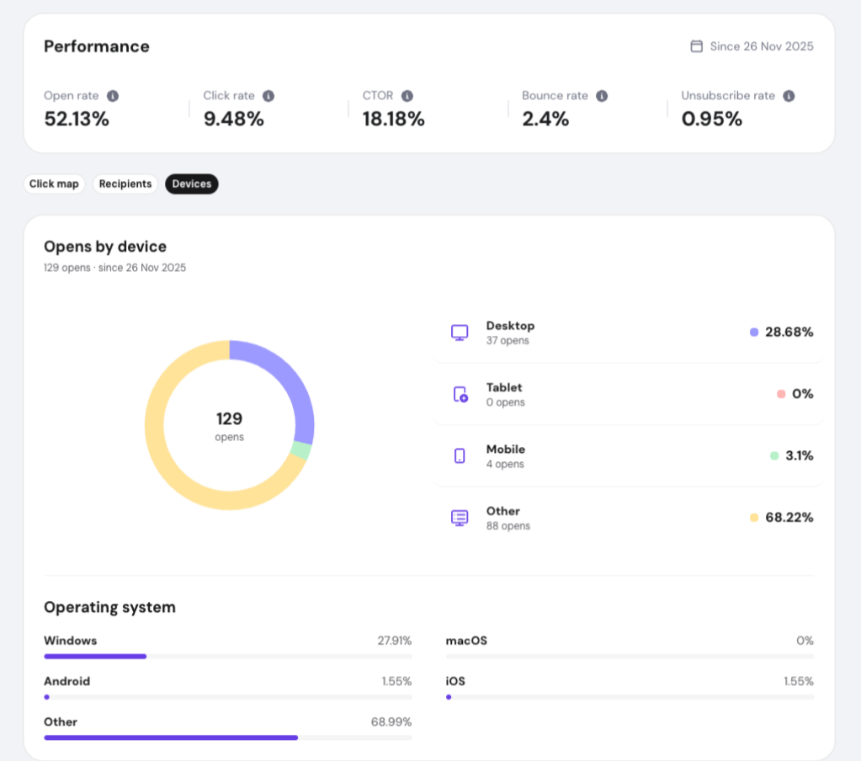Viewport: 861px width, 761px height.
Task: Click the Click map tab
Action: pos(54,184)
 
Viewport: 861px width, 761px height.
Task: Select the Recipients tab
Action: pos(125,184)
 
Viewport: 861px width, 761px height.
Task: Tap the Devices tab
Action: pos(192,184)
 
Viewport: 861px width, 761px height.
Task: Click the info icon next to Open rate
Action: pos(113,96)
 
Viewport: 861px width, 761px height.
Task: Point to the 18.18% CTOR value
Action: pos(393,119)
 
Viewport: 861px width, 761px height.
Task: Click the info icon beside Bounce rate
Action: pos(602,96)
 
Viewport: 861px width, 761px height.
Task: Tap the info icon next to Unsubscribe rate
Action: pos(789,96)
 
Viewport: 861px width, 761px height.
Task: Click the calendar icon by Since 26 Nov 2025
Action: pos(696,46)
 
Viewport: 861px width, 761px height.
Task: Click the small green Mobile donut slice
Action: pos(301,450)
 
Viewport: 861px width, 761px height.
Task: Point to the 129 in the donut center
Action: pos(229,419)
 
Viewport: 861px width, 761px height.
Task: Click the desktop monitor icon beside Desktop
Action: pos(460,333)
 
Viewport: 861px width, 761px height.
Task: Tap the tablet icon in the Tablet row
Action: pos(460,394)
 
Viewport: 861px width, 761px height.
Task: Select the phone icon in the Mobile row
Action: pos(460,456)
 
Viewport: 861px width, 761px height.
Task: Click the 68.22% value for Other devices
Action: pos(789,517)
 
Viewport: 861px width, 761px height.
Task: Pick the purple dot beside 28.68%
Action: pos(754,333)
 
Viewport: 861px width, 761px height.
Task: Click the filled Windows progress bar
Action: pos(95,657)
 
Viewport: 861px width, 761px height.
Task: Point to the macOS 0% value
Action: pos(805,641)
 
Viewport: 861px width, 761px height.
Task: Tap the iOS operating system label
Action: pos(455,681)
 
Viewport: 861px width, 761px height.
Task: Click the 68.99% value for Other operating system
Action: pos(391,722)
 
